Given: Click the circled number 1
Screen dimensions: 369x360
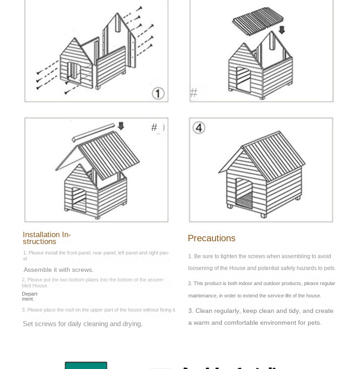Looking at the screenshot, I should coord(158,94).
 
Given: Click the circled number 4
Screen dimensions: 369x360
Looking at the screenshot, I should coord(199,127).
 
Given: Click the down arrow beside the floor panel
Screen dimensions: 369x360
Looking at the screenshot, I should coord(282,30).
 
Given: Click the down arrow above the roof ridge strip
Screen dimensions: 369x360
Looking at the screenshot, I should coord(121,126).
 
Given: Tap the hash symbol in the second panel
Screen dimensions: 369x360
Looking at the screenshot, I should coord(194,93).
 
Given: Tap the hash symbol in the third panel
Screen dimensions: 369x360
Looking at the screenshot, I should coord(154,128).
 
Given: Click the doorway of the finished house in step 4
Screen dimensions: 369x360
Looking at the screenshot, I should coord(244,194).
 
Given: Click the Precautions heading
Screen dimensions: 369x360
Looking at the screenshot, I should coord(211,238).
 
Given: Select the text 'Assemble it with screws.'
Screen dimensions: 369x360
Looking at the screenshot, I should coord(58,270).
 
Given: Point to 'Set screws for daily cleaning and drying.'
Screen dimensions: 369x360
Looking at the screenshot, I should coord(82,324).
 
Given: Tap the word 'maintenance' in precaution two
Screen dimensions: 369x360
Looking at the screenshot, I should coord(202,296).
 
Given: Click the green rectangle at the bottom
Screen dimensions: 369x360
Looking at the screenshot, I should coord(86,365).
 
